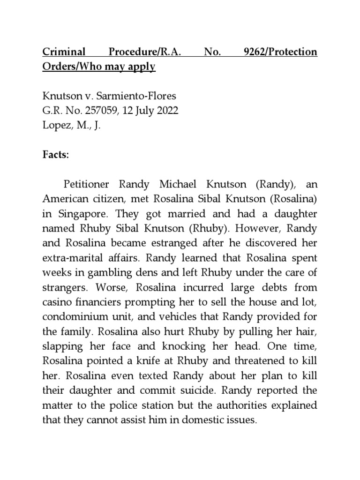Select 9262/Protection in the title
pos(281,52)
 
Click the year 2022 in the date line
pos(167,112)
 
